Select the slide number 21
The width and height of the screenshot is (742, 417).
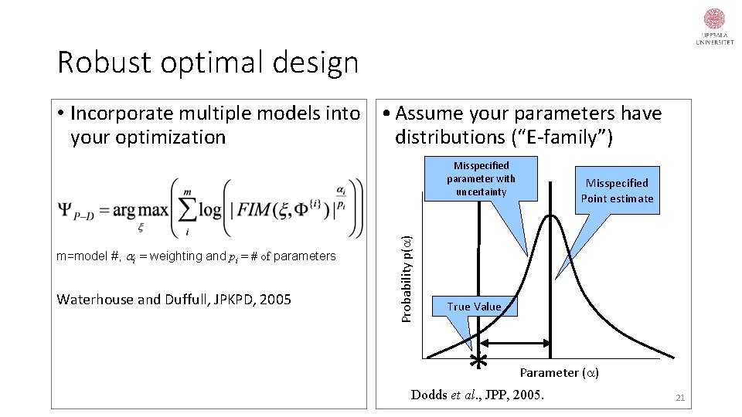coord(680,398)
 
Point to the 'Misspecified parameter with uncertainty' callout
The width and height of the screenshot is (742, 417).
coord(481,178)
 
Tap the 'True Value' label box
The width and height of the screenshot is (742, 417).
coord(474,307)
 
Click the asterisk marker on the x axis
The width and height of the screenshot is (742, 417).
coord(479,360)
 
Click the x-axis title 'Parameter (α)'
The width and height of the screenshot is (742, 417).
coord(559,373)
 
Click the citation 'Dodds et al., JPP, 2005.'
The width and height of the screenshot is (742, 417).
coord(477,395)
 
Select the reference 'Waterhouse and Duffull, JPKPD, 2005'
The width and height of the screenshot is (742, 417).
coord(174,299)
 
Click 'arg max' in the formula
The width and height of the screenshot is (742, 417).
coord(138,210)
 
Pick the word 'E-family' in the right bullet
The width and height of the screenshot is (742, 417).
coord(567,137)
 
